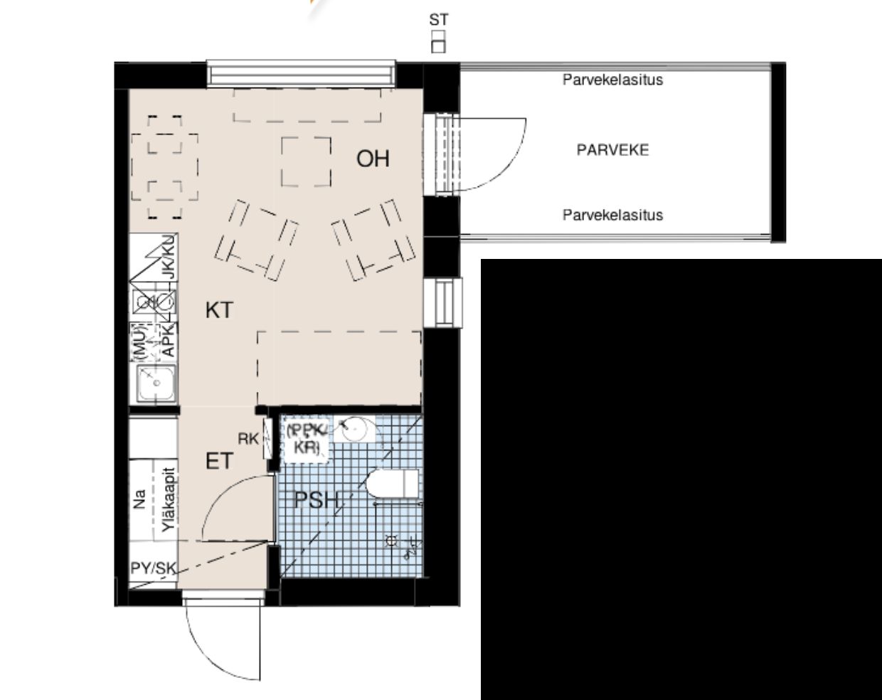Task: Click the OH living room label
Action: (373, 158)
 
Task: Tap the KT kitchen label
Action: (219, 310)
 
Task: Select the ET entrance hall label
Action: (219, 461)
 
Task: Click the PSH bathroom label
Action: (317, 500)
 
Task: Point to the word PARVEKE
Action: (612, 150)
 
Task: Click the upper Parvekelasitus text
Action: (612, 80)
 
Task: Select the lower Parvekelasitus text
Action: (612, 215)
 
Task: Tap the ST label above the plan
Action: (439, 20)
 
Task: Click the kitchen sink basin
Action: (154, 385)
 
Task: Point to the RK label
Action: (248, 439)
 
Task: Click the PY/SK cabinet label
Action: (153, 568)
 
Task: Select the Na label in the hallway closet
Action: (140, 499)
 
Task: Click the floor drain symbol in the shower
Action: (390, 541)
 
